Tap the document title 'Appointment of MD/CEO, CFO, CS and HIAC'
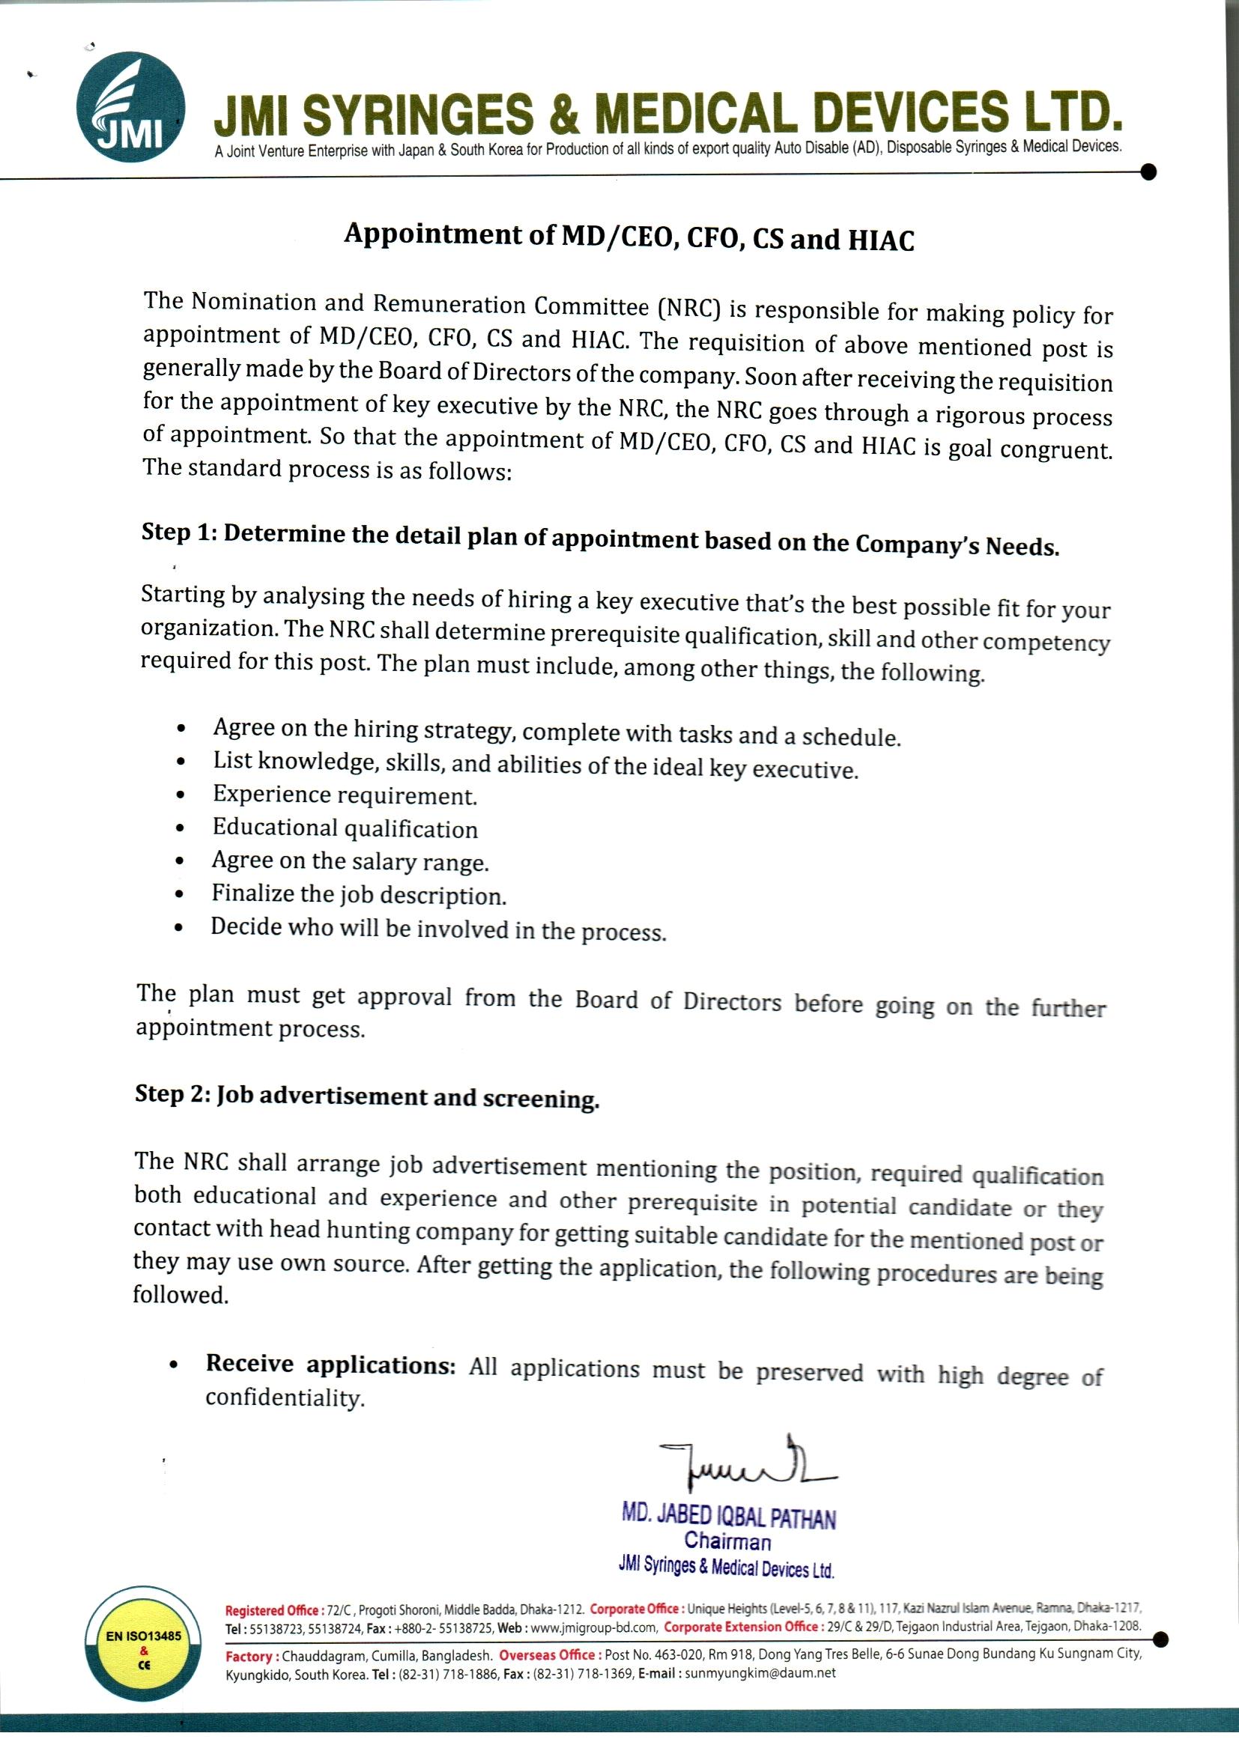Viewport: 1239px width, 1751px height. (628, 237)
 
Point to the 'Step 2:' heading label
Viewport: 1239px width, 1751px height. (173, 1093)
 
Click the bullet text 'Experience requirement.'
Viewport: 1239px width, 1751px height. (344, 795)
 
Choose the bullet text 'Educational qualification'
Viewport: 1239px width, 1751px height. (345, 828)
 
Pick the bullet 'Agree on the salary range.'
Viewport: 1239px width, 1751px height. (349, 861)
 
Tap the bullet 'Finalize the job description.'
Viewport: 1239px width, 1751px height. (359, 893)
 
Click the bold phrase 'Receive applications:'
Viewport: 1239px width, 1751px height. (330, 1365)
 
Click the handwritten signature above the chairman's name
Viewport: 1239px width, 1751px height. (743, 1466)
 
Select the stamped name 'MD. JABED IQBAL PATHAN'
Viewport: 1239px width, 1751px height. (728, 1516)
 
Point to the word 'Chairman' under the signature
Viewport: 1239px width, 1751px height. (727, 1541)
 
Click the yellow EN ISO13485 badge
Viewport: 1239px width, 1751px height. (144, 1651)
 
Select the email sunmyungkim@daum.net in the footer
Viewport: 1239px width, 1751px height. (760, 1673)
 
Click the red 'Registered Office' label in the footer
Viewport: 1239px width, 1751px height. (272, 1610)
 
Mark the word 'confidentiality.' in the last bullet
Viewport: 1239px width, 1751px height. (285, 1398)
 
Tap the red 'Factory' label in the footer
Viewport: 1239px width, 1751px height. (249, 1656)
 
